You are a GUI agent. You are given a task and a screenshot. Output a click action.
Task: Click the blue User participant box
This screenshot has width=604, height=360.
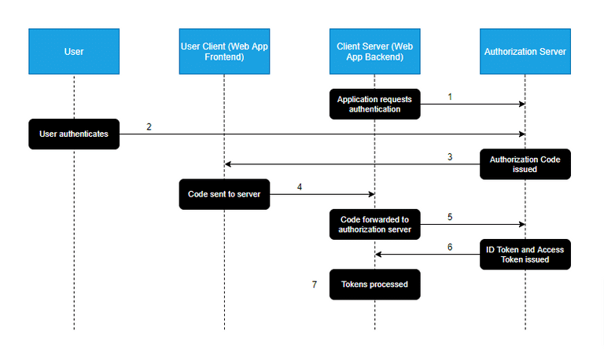click(x=74, y=51)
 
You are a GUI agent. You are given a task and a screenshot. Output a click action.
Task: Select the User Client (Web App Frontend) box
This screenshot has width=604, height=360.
click(x=224, y=51)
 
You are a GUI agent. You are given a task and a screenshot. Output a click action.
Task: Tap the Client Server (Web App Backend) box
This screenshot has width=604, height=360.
click(x=375, y=51)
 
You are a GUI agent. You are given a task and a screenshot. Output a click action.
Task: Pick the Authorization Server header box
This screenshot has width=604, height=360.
click(x=525, y=51)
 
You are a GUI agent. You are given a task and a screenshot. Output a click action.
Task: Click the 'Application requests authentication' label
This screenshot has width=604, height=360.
click(x=374, y=104)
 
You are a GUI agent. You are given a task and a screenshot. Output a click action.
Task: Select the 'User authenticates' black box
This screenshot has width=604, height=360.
click(x=74, y=134)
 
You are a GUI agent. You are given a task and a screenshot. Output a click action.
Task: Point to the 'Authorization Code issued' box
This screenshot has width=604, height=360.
click(x=525, y=164)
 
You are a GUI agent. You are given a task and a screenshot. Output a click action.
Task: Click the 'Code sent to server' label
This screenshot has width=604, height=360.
click(x=224, y=193)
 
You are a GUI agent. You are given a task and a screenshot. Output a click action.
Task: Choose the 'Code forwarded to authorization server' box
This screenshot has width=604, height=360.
click(x=374, y=224)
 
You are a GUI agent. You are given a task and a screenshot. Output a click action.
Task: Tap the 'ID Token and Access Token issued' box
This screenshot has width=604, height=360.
click(x=525, y=254)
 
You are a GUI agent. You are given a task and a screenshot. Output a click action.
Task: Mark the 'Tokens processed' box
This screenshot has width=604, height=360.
click(x=374, y=284)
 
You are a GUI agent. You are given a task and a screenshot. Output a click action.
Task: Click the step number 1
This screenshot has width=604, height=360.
click(x=450, y=97)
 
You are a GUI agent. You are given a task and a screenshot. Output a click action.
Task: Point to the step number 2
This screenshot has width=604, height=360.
click(x=149, y=127)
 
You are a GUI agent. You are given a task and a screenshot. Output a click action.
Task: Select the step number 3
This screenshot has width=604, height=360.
click(x=450, y=156)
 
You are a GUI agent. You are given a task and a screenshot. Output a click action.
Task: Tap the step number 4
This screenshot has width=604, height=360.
click(x=300, y=186)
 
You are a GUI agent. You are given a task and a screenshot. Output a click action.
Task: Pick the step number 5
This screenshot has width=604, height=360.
click(x=450, y=216)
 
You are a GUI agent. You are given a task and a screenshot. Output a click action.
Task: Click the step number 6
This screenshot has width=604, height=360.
click(x=450, y=247)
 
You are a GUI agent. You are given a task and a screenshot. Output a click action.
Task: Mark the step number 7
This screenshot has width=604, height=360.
click(x=315, y=285)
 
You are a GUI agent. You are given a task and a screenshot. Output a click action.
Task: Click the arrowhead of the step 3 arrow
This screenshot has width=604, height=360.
click(x=228, y=164)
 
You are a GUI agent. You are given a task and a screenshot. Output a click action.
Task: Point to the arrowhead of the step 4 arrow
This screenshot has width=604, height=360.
click(x=371, y=194)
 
